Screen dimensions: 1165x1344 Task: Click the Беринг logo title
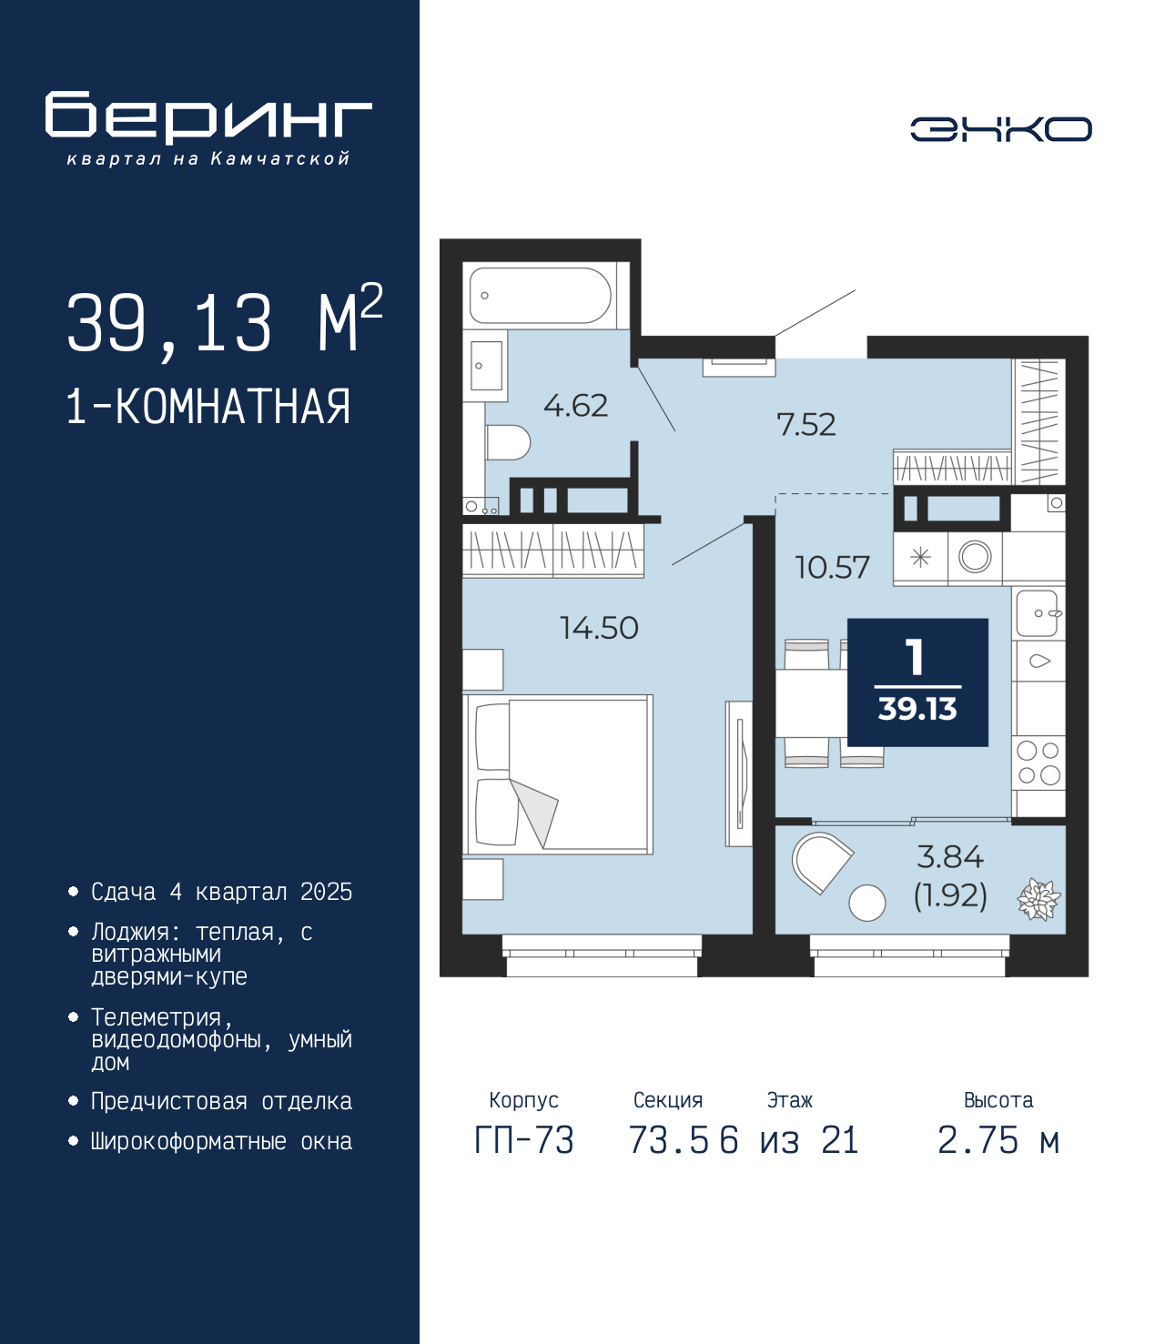tap(208, 117)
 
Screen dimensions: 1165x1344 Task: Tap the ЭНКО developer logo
tap(1000, 128)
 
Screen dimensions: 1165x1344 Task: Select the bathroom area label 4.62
tap(575, 406)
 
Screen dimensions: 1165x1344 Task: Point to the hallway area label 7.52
tap(805, 425)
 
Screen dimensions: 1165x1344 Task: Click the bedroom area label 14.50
tap(599, 628)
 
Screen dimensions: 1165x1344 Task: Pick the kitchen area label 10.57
tap(832, 567)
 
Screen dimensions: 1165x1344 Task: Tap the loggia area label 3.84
tap(949, 857)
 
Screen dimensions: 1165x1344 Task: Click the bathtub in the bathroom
tap(540, 296)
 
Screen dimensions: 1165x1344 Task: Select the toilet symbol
tap(507, 443)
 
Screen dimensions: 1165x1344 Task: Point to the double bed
tap(557, 773)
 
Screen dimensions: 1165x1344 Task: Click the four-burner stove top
tap(1038, 763)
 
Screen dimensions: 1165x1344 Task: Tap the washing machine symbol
tap(975, 557)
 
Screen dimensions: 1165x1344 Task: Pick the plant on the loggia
tap(1038, 899)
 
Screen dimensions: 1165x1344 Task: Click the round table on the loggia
tap(867, 903)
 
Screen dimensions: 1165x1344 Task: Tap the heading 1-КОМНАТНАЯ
tap(208, 407)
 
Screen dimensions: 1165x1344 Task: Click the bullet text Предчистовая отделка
tap(221, 1101)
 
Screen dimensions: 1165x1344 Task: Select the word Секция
tap(668, 1099)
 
